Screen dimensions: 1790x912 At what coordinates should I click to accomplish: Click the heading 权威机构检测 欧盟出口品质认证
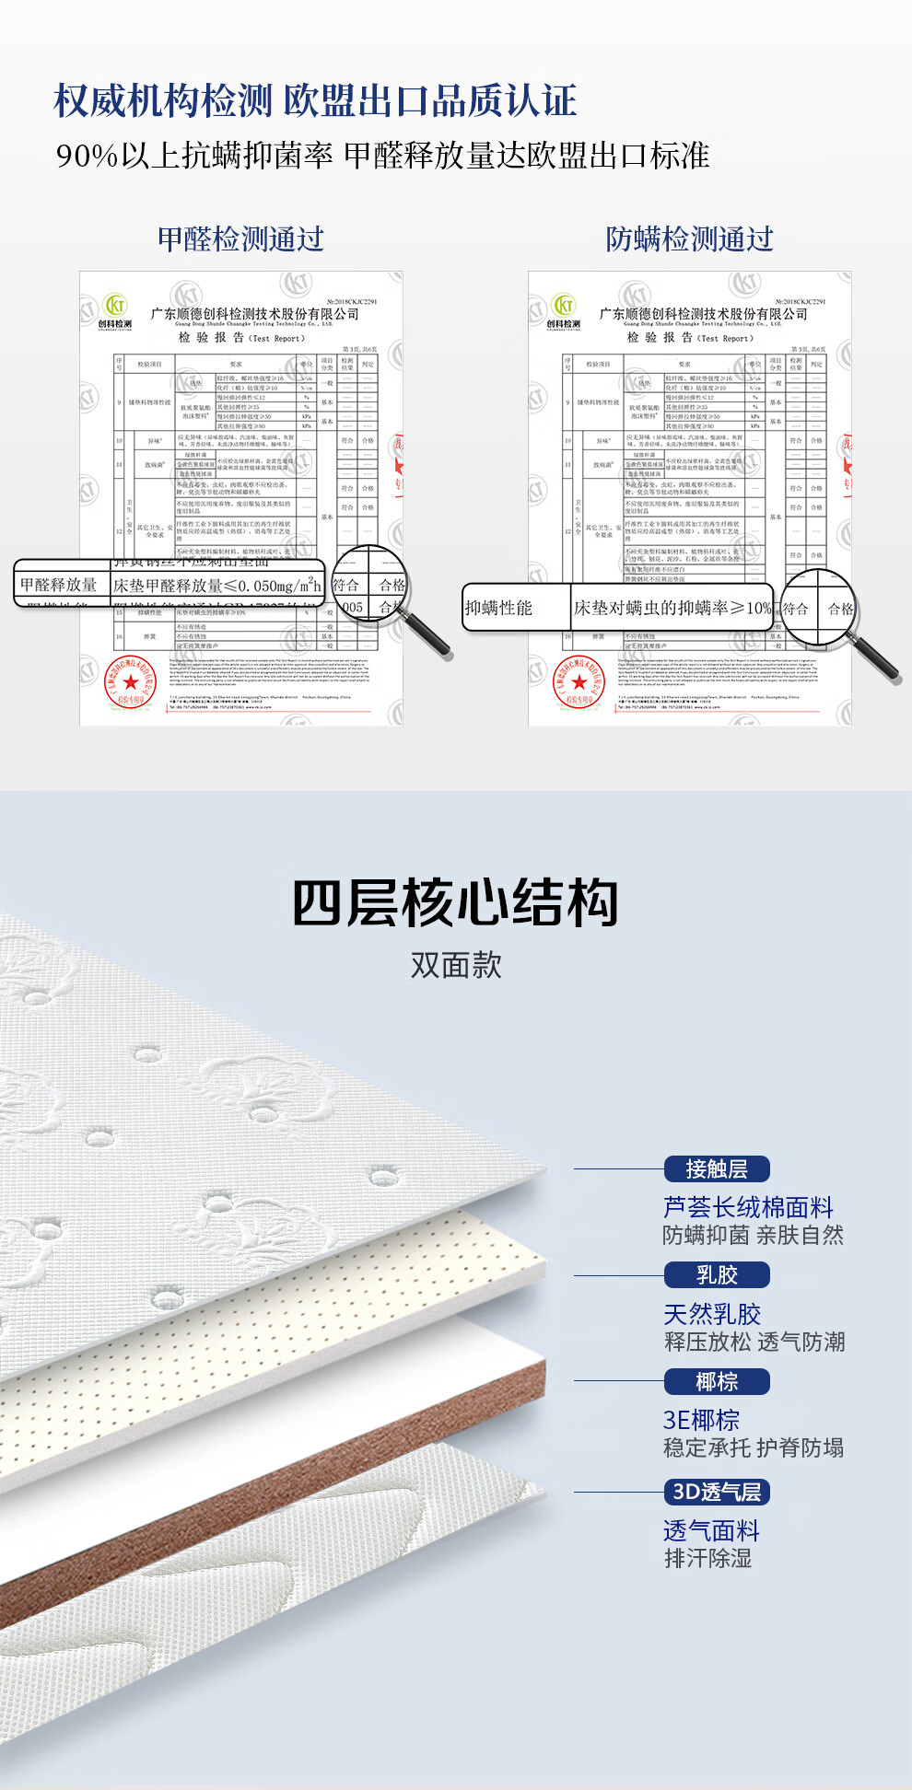(315, 100)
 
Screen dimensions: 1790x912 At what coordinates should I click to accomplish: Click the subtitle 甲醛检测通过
(240, 239)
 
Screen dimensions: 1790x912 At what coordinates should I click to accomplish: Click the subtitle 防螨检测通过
(689, 239)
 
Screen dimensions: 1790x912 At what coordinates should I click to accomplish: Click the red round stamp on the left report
(130, 682)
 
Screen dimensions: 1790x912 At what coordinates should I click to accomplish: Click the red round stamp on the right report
(579, 682)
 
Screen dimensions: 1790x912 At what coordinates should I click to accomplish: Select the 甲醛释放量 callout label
(59, 585)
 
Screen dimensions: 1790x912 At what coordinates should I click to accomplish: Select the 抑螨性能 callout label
(499, 608)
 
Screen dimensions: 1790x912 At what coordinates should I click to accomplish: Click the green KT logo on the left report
(115, 305)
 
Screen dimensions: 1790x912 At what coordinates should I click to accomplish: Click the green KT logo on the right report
(564, 305)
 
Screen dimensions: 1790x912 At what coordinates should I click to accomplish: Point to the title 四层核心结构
(455, 903)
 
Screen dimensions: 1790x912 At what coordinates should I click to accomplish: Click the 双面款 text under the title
(456, 965)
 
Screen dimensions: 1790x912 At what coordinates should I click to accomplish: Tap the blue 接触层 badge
(717, 1169)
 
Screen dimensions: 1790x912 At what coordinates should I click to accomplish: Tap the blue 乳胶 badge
(717, 1275)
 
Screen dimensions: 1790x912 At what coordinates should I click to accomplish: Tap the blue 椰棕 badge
(717, 1381)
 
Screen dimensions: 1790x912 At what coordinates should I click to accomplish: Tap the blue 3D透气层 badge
(717, 1492)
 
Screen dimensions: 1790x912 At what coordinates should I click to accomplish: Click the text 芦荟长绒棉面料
(748, 1207)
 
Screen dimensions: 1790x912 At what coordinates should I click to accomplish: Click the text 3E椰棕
(701, 1420)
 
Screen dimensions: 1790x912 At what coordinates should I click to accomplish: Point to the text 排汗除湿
(707, 1558)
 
